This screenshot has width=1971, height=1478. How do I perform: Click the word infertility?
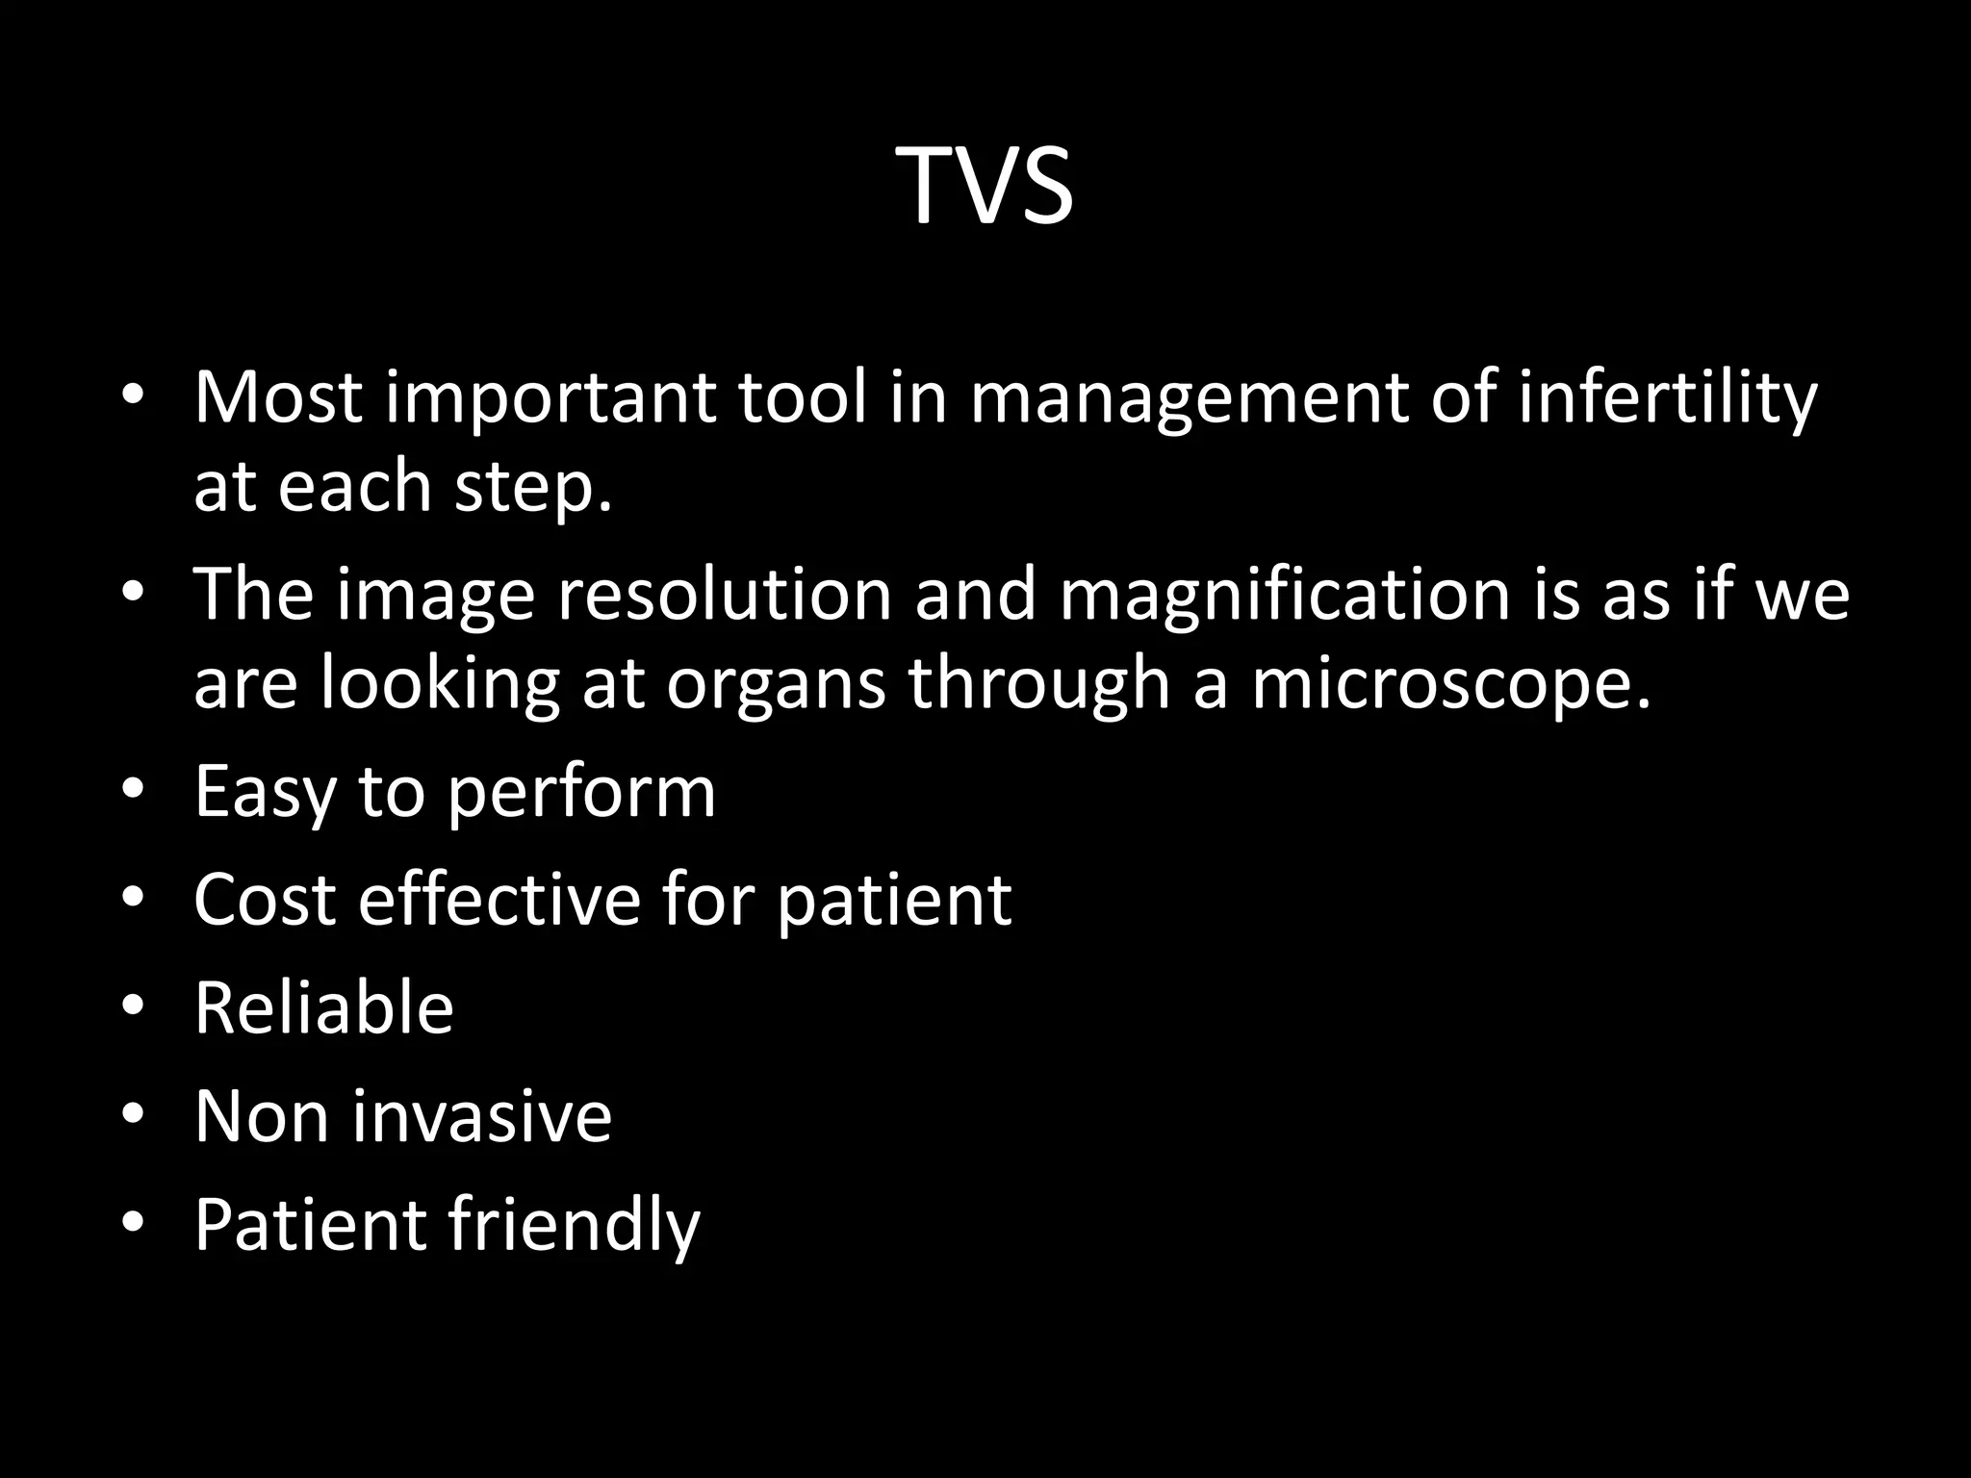pos(1668,396)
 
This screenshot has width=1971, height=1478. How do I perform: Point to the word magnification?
pos(1284,595)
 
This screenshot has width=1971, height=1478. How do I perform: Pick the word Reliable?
pos(323,1007)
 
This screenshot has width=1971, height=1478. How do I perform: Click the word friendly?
pos(574,1226)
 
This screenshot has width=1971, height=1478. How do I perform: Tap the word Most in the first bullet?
pos(278,396)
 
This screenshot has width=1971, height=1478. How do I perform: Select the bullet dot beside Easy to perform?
pos(133,789)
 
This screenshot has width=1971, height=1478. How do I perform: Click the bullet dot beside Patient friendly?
pos(133,1222)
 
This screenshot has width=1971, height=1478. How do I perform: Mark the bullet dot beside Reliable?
pos(133,1006)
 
